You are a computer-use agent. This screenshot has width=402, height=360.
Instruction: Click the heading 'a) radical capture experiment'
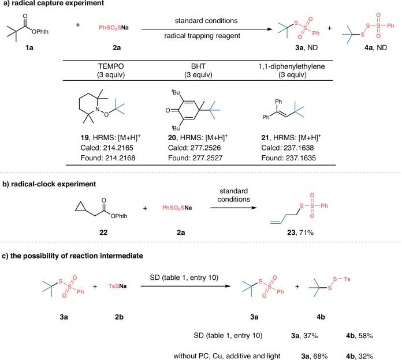pyautogui.click(x=50, y=5)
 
